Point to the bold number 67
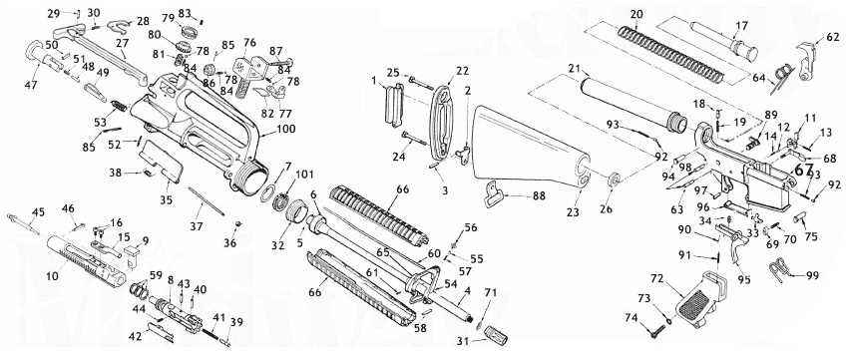pos(805,171)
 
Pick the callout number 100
pos(285,131)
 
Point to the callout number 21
pos(574,68)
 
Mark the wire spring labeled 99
pos(789,271)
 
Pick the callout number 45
pos(38,211)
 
